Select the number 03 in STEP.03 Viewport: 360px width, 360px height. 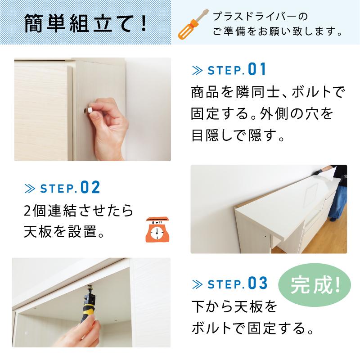(x=257, y=284)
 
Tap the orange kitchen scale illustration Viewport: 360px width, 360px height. (x=157, y=230)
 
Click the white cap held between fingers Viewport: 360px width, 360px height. (x=90, y=109)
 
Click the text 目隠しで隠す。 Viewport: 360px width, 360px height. (x=238, y=135)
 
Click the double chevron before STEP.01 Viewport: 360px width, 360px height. (x=198, y=71)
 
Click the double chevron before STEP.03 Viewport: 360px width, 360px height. (x=198, y=284)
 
